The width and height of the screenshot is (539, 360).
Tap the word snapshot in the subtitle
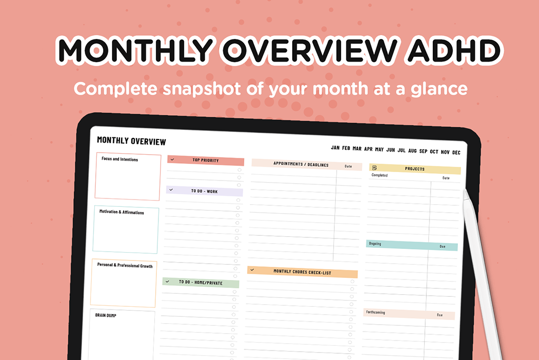coord(202,89)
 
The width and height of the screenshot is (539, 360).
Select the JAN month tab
coord(335,147)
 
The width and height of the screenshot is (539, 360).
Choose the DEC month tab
coord(456,152)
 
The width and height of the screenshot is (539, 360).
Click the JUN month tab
coord(391,150)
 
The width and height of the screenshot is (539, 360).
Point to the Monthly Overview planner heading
coord(131,141)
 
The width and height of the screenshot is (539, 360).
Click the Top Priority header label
coord(206,160)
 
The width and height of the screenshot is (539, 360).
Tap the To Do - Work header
coord(204,191)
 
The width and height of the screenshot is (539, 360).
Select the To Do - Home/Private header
coord(201,282)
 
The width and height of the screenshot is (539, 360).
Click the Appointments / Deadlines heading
coord(301,164)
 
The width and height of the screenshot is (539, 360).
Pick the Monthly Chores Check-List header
coord(302,272)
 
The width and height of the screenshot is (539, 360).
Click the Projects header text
coord(415,169)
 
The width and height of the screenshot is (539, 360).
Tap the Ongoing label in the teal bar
coord(375,244)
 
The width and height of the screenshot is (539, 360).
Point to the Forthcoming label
coord(375,312)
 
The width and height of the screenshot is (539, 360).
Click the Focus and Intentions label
coord(119,159)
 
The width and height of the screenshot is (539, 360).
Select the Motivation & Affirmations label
coord(122,212)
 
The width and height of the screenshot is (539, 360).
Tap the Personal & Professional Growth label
coord(125,265)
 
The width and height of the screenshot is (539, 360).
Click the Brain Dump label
coord(105,315)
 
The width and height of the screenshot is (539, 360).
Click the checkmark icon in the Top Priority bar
coord(172,159)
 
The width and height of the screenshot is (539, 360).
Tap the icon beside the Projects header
coord(374,168)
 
